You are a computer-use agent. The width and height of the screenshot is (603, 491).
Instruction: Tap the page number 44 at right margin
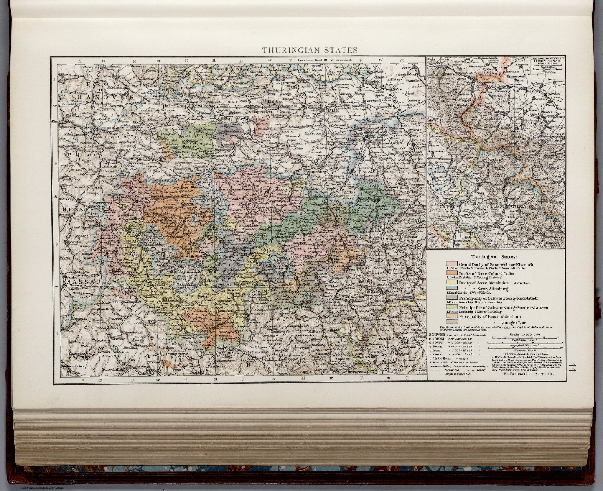pos(574,370)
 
